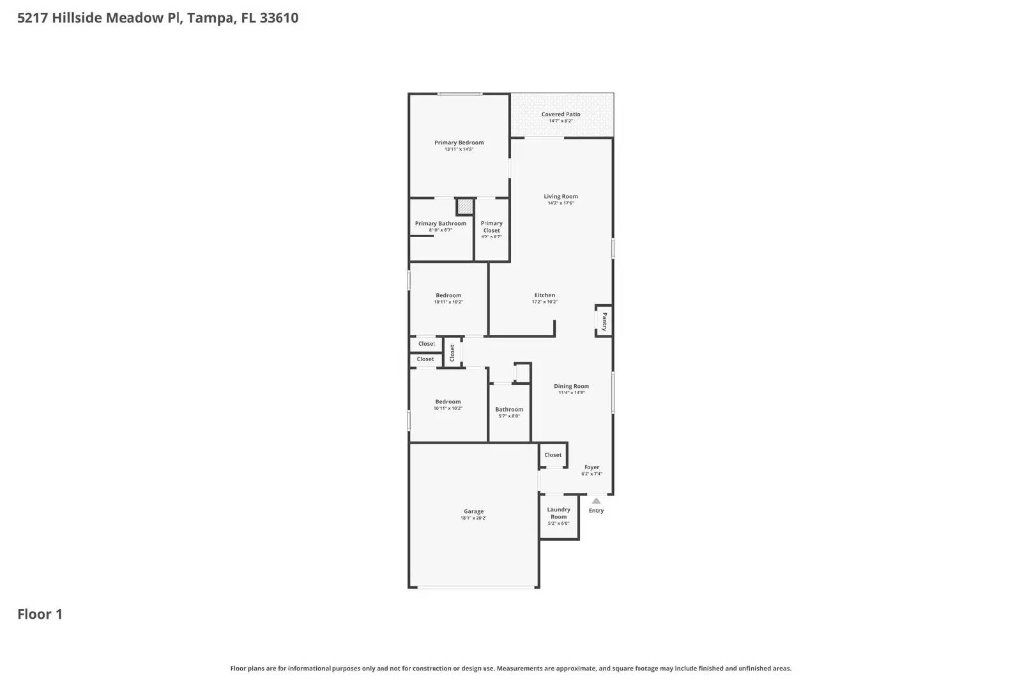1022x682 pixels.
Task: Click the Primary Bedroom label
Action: [459, 143]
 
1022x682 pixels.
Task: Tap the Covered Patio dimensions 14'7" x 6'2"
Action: [561, 121]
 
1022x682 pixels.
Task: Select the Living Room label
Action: [561, 197]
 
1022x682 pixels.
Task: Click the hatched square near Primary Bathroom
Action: [465, 207]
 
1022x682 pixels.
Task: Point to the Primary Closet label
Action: [491, 227]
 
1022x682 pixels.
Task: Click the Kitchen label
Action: [544, 295]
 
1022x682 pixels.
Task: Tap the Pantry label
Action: [604, 321]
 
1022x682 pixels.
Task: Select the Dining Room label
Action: [571, 386]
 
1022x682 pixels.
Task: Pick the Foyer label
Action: [591, 467]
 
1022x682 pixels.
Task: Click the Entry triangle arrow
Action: [596, 501]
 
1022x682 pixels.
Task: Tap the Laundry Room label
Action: [558, 513]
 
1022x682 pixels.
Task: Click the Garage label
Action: [473, 511]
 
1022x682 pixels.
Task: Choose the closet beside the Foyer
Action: [553, 455]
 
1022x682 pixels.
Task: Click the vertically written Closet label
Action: [452, 353]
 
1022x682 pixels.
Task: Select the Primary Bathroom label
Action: [440, 224]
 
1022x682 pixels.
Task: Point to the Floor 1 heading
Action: [40, 614]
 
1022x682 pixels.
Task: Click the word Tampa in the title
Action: [210, 18]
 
